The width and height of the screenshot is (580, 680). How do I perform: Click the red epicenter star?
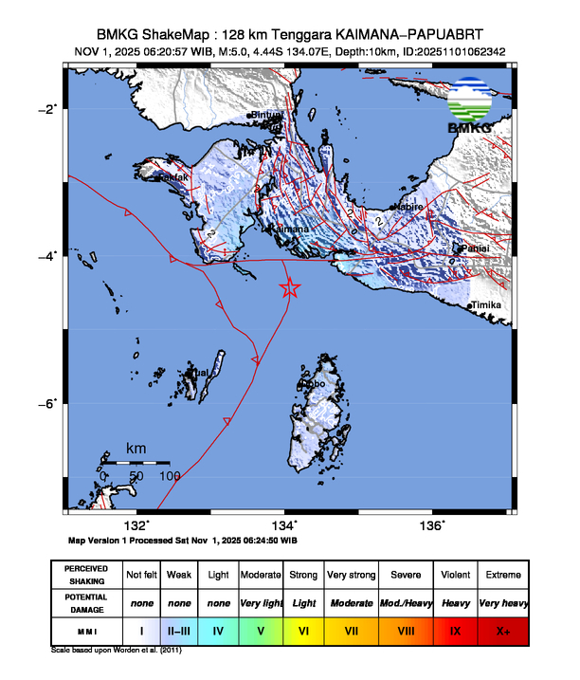291,289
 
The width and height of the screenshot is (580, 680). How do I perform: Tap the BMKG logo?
469,106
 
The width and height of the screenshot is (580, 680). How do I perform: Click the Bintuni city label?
268,115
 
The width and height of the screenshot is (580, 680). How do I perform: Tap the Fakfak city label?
173,176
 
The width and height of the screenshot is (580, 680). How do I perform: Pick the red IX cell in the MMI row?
455,629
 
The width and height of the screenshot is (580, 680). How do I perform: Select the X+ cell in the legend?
502,629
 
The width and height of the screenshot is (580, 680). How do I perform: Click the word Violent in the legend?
455,575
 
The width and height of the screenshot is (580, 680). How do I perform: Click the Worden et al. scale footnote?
116,652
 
